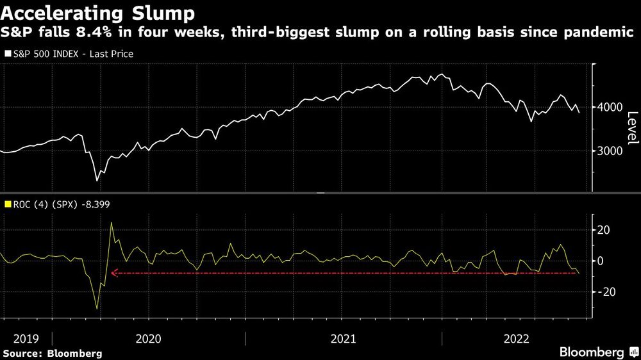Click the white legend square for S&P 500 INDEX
(7, 54)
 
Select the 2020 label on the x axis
(149, 338)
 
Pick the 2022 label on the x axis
(517, 338)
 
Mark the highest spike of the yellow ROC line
(111, 223)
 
